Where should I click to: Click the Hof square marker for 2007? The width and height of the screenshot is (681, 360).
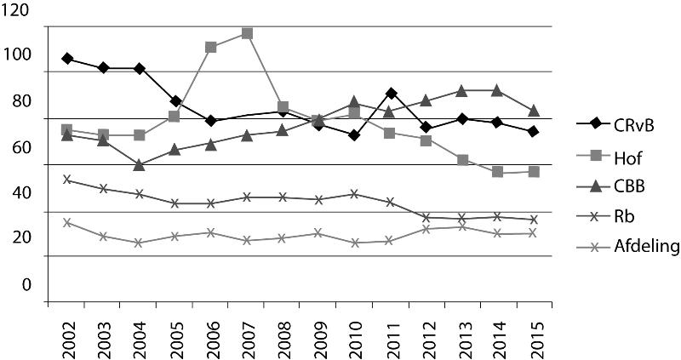point(247,33)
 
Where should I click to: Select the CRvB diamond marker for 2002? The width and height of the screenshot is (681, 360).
point(67,59)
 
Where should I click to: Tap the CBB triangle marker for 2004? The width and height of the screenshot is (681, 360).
point(139,164)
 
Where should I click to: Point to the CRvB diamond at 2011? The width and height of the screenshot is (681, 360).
point(390,93)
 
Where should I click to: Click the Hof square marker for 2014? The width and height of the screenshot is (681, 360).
point(497,172)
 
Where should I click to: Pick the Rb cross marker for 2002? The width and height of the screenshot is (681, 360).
point(67,180)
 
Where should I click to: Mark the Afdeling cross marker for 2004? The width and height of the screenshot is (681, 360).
point(139,243)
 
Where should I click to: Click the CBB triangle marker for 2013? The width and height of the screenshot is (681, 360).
point(461,90)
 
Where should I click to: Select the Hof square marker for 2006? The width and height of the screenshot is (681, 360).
point(210,47)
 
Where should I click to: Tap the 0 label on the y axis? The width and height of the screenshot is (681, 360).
point(26,284)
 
